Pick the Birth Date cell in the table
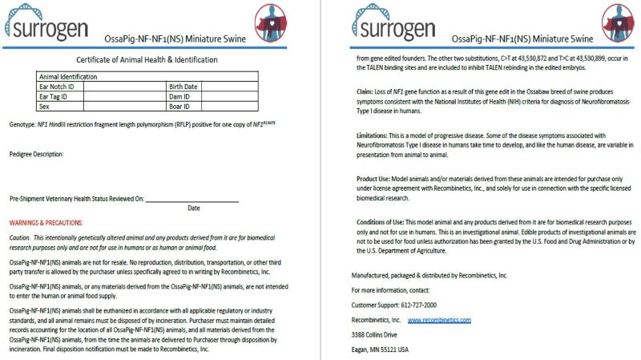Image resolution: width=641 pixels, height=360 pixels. pyautogui.click(x=183, y=86)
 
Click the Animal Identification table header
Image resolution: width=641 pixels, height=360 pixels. pyautogui.click(x=68, y=76)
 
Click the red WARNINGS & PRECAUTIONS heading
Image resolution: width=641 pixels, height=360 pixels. pyautogui.click(x=46, y=222)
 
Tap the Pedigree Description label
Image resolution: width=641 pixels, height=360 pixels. pyautogui.click(x=36, y=154)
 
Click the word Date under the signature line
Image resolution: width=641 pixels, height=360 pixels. pyautogui.click(x=193, y=208)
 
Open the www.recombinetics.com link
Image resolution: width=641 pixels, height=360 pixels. pyautogui.click(x=439, y=319)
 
